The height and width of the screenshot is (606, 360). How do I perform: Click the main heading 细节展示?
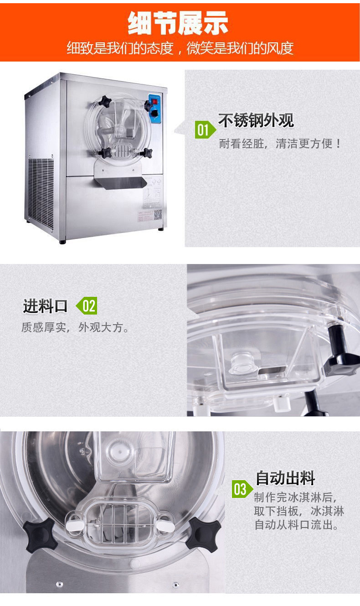(x=178, y=23)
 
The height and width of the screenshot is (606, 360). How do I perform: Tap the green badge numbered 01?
(x=205, y=130)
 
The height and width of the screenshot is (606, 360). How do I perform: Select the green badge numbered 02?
(x=87, y=306)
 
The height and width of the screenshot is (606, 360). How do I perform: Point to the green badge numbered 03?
(x=242, y=489)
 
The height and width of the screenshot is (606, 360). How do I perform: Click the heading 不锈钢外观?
(x=256, y=120)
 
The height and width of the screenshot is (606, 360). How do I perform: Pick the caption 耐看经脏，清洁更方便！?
(x=280, y=144)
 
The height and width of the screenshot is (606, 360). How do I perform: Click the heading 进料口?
(x=45, y=306)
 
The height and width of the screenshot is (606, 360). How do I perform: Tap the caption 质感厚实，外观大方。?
(x=75, y=327)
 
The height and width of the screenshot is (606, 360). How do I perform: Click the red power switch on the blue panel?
(x=155, y=102)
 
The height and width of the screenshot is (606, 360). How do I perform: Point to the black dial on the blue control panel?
(x=154, y=114)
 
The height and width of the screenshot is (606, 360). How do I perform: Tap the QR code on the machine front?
(x=158, y=214)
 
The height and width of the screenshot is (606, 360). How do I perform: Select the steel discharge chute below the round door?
(x=121, y=182)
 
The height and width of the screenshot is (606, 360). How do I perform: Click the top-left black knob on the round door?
(x=105, y=101)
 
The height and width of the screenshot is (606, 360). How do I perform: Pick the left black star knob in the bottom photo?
(x=39, y=535)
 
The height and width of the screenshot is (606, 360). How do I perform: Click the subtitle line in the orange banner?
(x=180, y=48)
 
